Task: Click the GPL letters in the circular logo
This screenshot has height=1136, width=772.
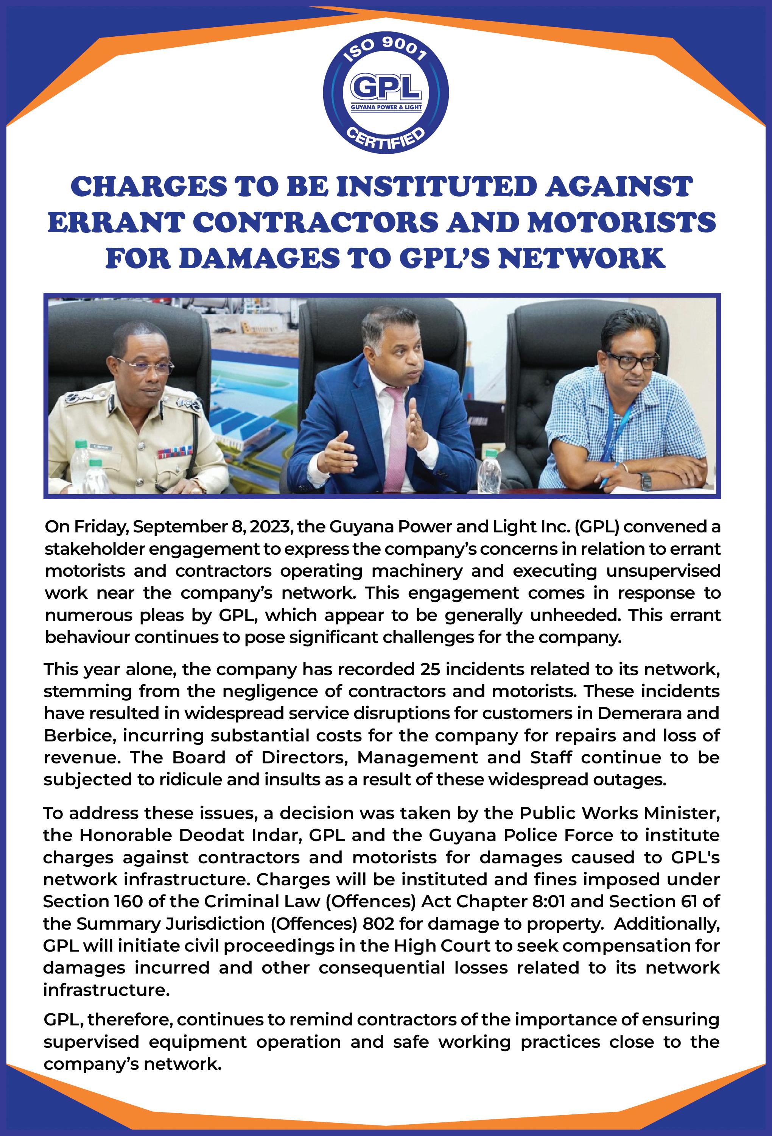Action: pyautogui.click(x=386, y=88)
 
